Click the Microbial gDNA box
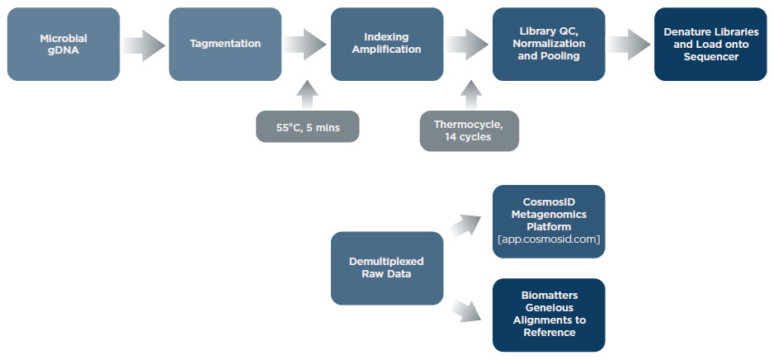64,44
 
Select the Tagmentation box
225,44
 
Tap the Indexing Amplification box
387,44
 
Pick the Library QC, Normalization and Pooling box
549,44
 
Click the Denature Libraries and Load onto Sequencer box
710,44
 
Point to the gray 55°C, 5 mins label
308,126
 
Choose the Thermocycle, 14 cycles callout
470,130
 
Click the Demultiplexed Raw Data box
387,268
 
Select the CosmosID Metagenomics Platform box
549,222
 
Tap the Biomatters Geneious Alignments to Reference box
549,315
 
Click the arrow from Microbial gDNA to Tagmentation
144,45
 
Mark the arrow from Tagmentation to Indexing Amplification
305,45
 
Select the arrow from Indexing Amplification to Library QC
467,45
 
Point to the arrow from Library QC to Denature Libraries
629,45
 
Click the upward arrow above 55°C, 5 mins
308,94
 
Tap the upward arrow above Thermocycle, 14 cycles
471,94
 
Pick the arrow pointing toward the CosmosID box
466,225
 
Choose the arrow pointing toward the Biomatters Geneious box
466,310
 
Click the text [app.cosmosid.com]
549,239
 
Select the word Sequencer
710,57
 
